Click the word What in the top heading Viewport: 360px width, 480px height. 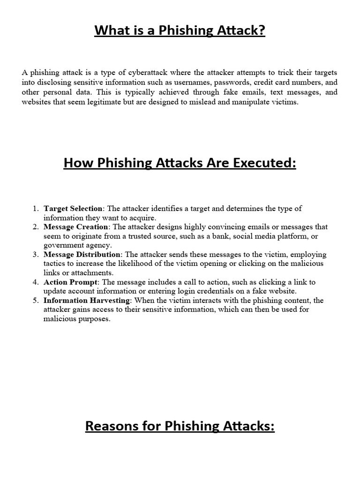(109, 31)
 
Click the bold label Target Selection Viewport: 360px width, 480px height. (72, 209)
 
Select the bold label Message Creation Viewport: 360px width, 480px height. (73, 227)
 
